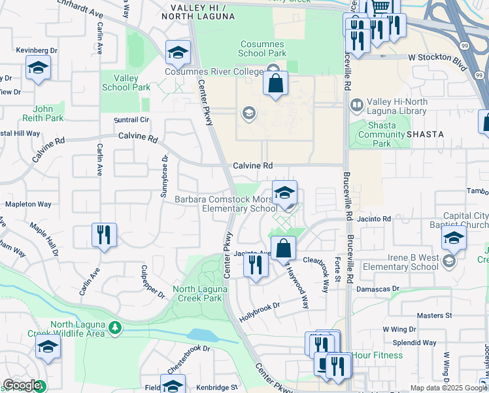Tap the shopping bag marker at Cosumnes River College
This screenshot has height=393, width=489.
[276, 84]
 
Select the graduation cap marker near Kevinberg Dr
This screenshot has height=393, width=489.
[39, 68]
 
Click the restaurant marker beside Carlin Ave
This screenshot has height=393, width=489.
[104, 235]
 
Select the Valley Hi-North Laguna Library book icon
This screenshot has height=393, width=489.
[357, 104]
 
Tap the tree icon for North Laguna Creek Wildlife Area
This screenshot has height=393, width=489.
[115, 327]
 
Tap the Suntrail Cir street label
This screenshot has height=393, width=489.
[132, 121]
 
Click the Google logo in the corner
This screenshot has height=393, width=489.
[22, 386]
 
